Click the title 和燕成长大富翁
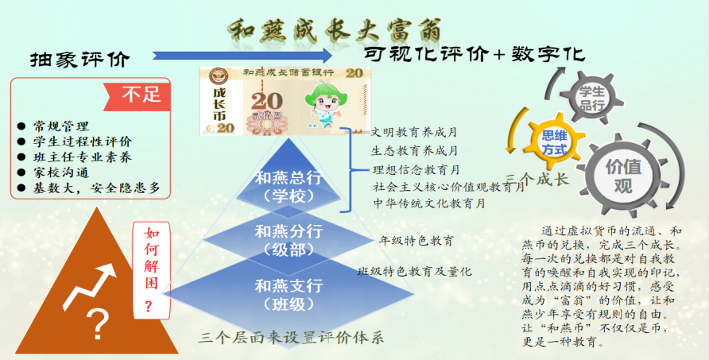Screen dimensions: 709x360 [335, 30]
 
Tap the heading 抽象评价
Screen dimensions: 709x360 [80, 60]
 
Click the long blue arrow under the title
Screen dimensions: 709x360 [242, 56]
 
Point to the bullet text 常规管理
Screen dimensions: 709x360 [60, 126]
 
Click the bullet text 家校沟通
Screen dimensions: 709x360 [60, 172]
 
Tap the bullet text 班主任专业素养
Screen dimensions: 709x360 [83, 157]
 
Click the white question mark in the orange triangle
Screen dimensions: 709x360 [99, 324]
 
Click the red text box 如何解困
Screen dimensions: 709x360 [151, 270]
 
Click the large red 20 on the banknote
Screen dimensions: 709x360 [267, 101]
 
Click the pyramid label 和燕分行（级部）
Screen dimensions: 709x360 [289, 240]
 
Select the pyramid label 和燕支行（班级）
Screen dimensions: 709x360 [289, 295]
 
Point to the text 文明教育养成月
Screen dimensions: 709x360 [414, 133]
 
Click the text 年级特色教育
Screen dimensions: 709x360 [416, 241]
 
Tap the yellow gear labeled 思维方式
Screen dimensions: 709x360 [554, 141]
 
